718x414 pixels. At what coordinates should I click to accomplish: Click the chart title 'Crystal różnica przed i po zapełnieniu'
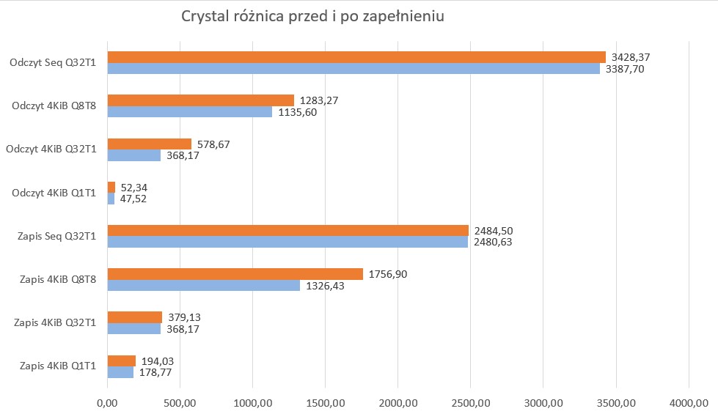[313, 17]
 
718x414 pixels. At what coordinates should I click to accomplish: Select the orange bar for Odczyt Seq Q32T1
[356, 57]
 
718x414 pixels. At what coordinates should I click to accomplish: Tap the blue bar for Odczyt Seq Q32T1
[353, 69]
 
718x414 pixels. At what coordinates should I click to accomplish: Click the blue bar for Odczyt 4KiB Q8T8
[190, 112]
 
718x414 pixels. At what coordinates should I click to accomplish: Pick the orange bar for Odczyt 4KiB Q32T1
[150, 144]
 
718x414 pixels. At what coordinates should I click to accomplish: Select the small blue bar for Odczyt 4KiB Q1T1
[111, 199]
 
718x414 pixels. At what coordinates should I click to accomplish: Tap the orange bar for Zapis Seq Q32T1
[288, 231]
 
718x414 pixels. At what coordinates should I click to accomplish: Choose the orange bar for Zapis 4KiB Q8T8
[235, 274]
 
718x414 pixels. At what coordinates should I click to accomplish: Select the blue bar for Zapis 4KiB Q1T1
[120, 372]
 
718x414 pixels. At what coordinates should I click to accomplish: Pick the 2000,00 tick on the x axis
[398, 402]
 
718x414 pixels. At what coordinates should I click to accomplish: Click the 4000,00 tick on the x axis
[688, 402]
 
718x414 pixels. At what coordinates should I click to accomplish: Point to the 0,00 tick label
[107, 402]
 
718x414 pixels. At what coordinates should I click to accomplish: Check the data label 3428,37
[632, 57]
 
